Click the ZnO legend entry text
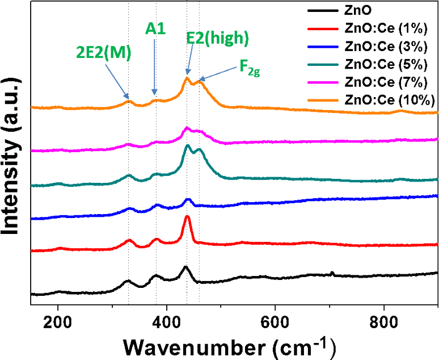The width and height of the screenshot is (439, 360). tap(357, 11)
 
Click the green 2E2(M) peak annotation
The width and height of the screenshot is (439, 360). tap(104, 53)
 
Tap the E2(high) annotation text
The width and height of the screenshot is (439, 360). tap(218, 38)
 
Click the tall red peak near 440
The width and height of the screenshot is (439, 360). tap(187, 217)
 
